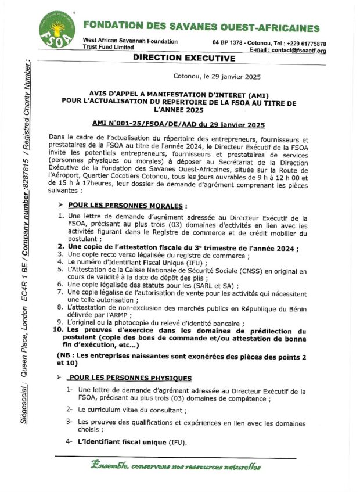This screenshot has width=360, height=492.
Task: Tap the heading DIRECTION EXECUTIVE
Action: click(183, 58)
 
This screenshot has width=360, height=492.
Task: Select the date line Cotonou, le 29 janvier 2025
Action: click(217, 77)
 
